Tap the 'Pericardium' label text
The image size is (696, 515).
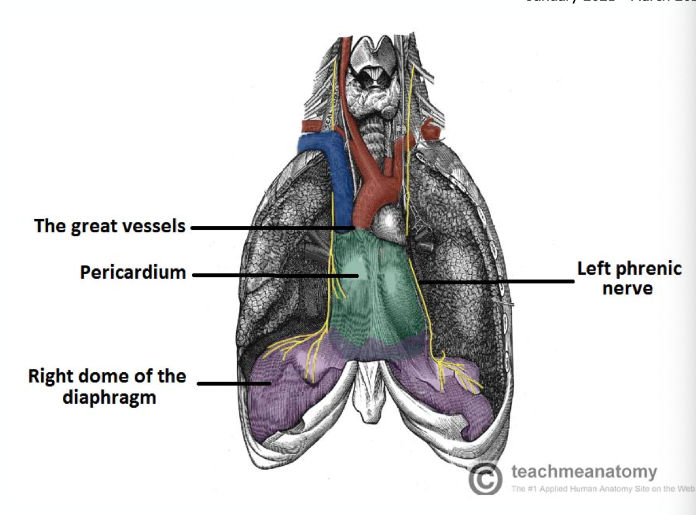133,272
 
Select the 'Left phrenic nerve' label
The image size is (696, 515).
629,278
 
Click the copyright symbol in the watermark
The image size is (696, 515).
485,478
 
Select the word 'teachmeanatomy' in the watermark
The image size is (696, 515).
584,472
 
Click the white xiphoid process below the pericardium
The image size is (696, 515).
367,396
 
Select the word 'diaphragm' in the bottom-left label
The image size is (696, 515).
109,397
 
